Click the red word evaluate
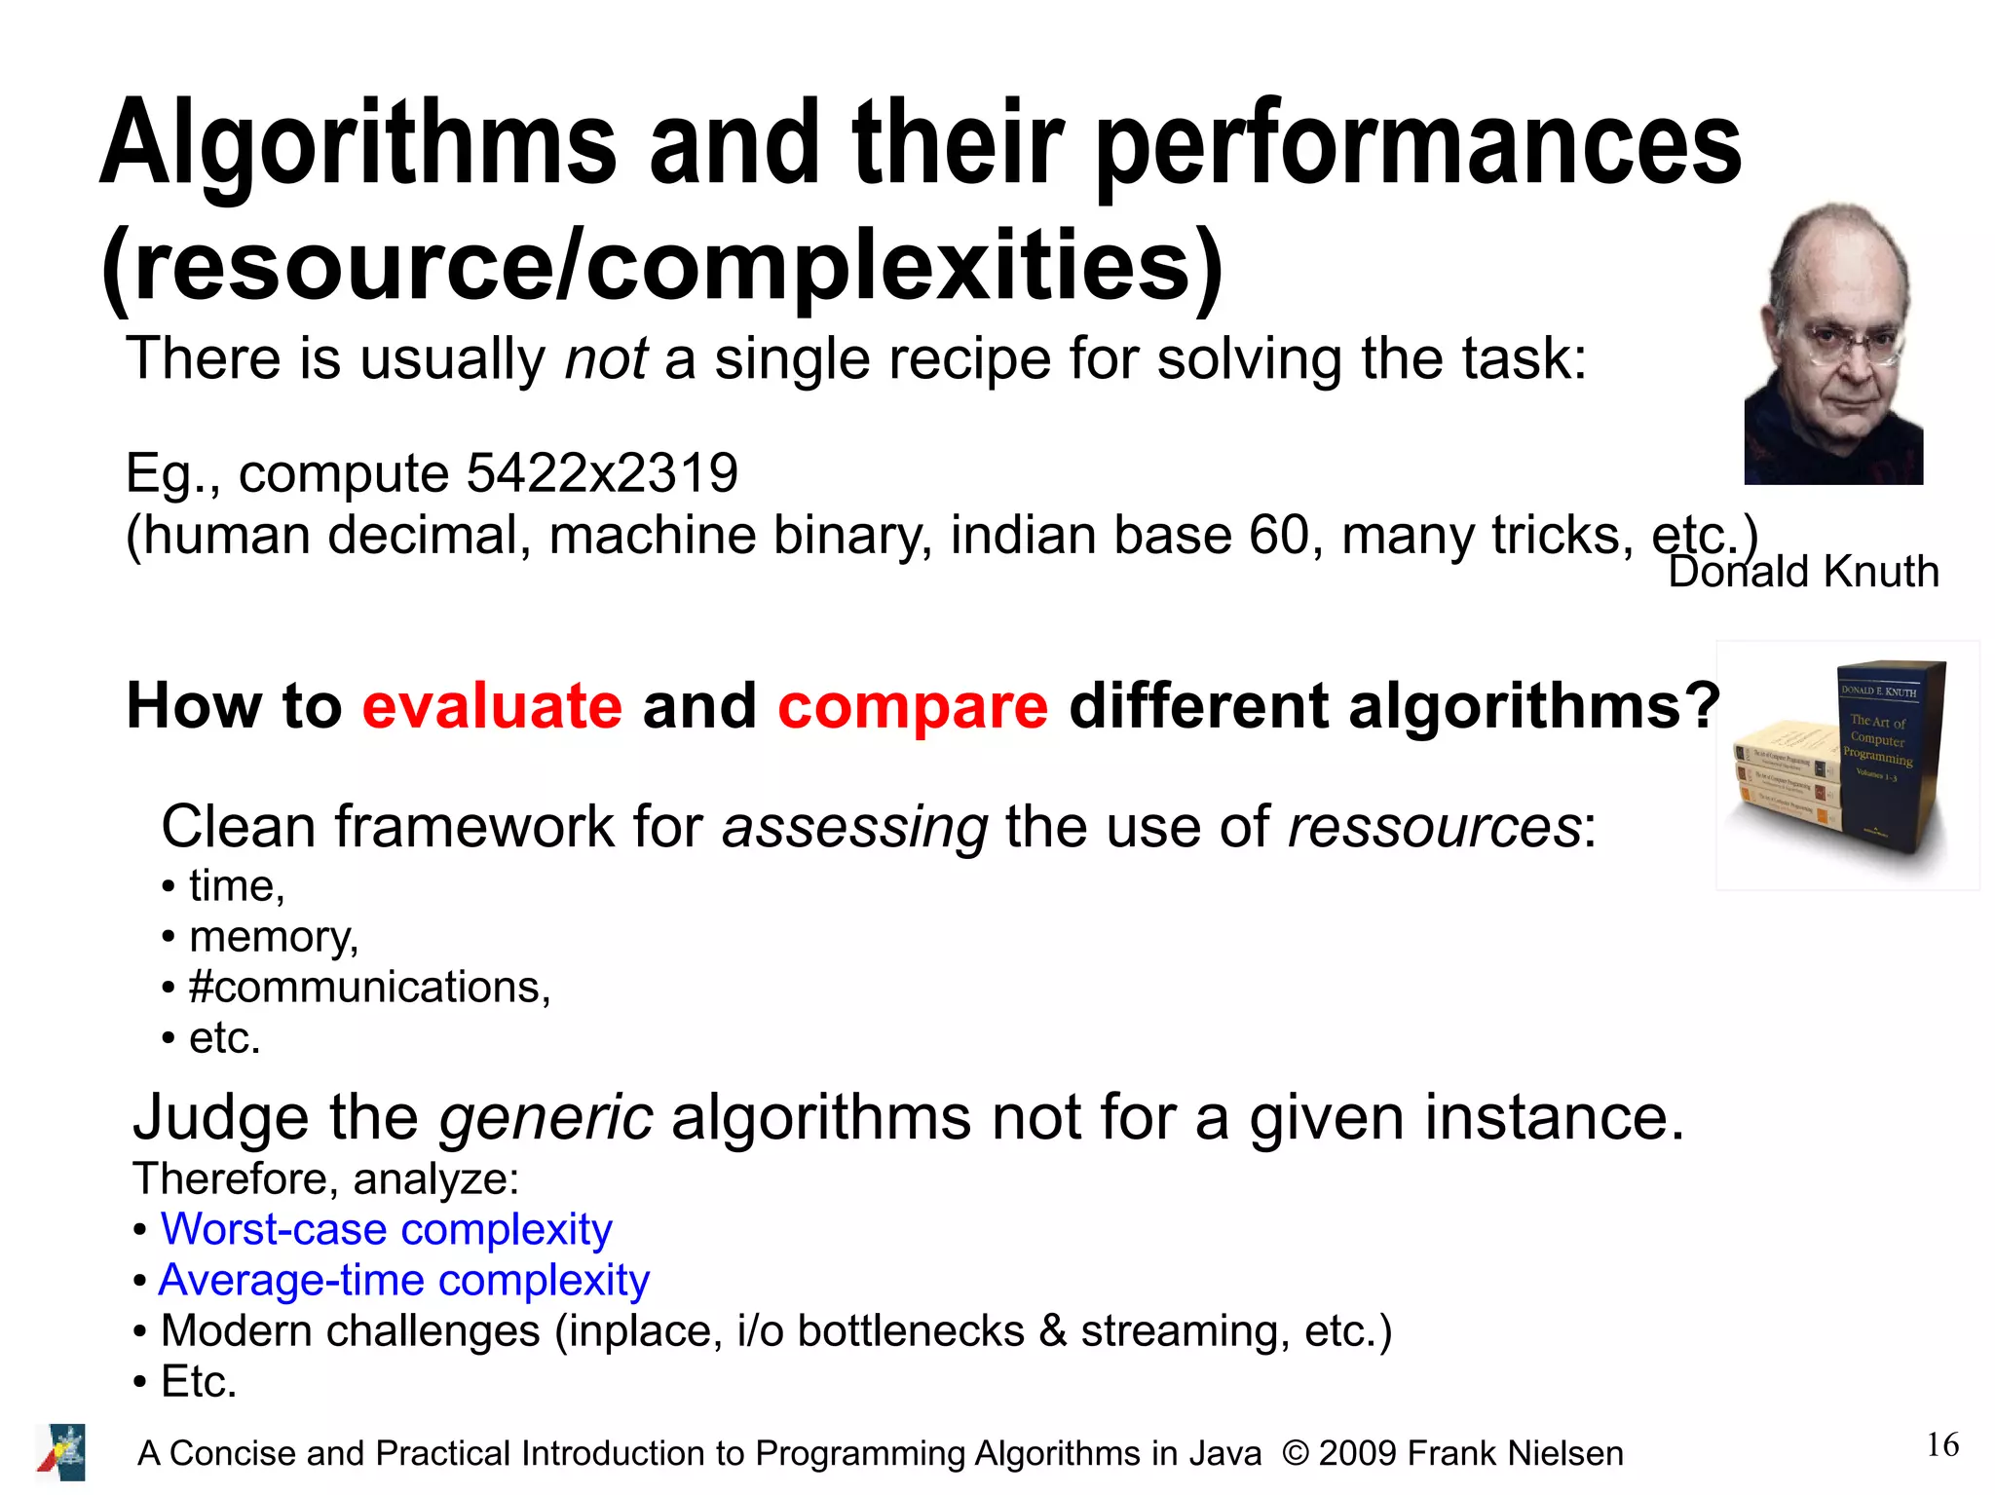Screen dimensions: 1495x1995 [x=492, y=705]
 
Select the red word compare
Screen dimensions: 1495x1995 [x=913, y=705]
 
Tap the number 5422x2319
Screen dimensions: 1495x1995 [x=602, y=473]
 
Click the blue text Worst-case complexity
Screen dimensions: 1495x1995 [x=387, y=1229]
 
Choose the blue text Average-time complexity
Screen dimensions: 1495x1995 [x=404, y=1280]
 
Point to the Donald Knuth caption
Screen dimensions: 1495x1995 [x=1803, y=572]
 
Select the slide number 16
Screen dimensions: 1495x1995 [x=1942, y=1445]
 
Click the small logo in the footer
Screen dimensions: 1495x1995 [x=61, y=1452]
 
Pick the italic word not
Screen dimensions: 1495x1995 [x=606, y=358]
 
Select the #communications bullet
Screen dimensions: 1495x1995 [x=370, y=988]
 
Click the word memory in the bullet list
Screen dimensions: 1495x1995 [x=272, y=937]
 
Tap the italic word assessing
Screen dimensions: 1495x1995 [x=854, y=827]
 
